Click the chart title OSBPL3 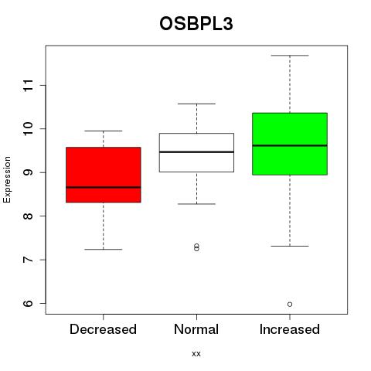[x=196, y=24]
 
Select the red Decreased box [x=104, y=175]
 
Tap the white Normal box [x=196, y=152]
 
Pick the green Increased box [x=290, y=144]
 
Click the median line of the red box [x=104, y=187]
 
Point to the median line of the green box [x=290, y=145]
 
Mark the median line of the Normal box [x=196, y=152]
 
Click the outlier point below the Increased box [x=290, y=305]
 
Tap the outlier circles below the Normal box [x=196, y=247]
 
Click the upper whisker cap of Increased [x=290, y=56]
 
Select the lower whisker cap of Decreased [x=104, y=249]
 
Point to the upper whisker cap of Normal [x=196, y=104]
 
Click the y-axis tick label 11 [x=28, y=85]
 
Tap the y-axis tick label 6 [x=28, y=303]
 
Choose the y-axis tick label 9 [x=28, y=172]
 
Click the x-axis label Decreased [x=103, y=329]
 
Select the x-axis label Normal [x=196, y=329]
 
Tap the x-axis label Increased [x=290, y=329]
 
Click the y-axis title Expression [x=7, y=179]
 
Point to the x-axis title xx [x=196, y=354]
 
